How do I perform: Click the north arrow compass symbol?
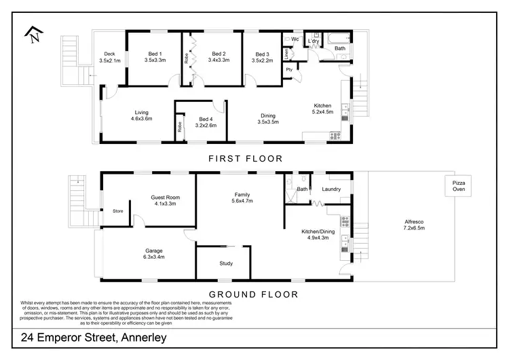click(x=32, y=33)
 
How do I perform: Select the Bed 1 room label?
click(x=159, y=56)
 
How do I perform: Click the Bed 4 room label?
click(x=206, y=121)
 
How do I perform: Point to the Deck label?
click(x=109, y=57)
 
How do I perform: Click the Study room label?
click(x=226, y=263)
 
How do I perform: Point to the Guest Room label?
click(x=166, y=200)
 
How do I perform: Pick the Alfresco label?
click(x=414, y=226)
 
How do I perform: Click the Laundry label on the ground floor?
click(x=331, y=189)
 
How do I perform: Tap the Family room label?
click(x=243, y=197)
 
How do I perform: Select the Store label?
click(x=118, y=211)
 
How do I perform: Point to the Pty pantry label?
click(x=289, y=69)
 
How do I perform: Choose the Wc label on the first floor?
click(x=295, y=39)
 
